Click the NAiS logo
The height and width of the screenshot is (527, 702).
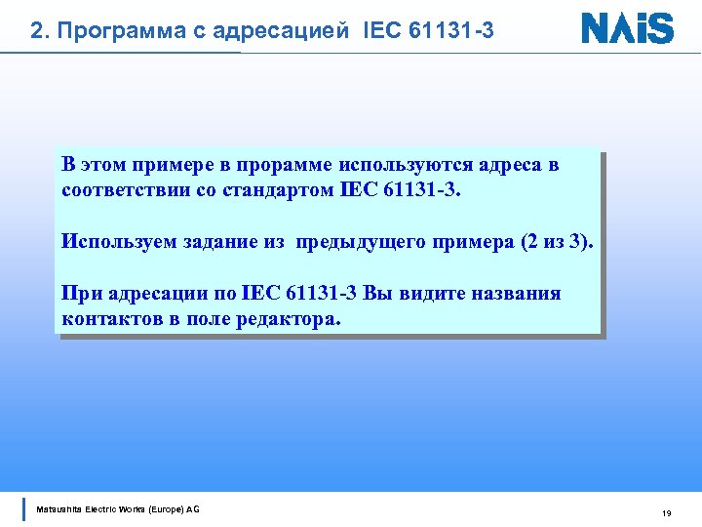(627, 27)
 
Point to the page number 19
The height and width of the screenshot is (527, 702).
(667, 513)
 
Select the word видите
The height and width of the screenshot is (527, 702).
(429, 294)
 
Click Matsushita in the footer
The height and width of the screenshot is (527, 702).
(60, 509)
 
